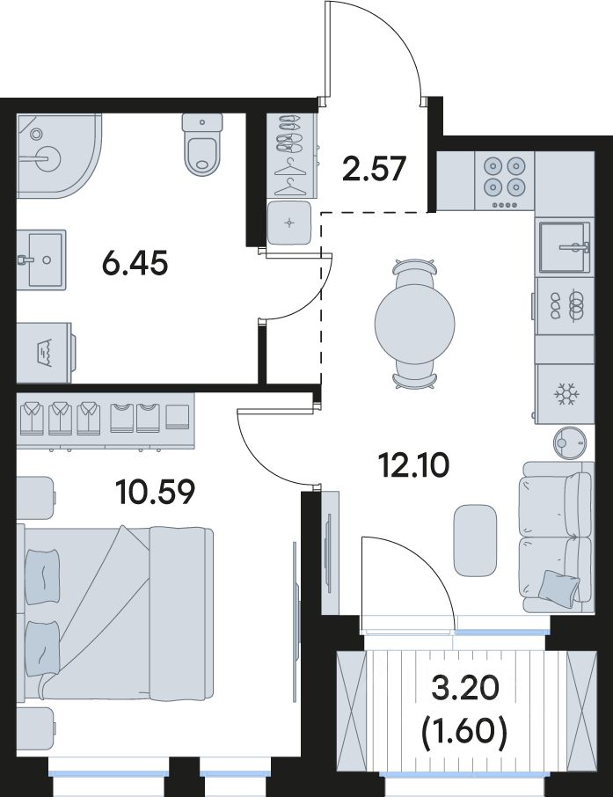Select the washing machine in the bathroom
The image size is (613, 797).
tap(45, 352)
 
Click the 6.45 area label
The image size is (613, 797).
tap(135, 264)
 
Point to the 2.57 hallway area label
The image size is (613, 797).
tap(374, 169)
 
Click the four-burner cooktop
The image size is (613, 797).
tap(504, 180)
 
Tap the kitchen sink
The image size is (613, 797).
tap(565, 247)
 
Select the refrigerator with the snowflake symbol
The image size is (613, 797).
tap(565, 394)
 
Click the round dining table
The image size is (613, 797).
tap(415, 323)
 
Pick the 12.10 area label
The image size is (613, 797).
tap(415, 465)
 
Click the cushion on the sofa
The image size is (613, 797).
tap(559, 587)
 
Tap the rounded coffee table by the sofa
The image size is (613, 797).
tap(475, 540)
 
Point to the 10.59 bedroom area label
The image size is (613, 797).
tap(155, 492)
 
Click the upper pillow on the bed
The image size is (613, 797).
tap(43, 577)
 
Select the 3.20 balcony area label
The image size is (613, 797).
tap(464, 690)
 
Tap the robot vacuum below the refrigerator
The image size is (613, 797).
tap(570, 442)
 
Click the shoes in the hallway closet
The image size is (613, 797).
tap(288, 133)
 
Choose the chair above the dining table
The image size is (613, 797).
tap(415, 269)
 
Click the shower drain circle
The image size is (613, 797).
tap(36, 135)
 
